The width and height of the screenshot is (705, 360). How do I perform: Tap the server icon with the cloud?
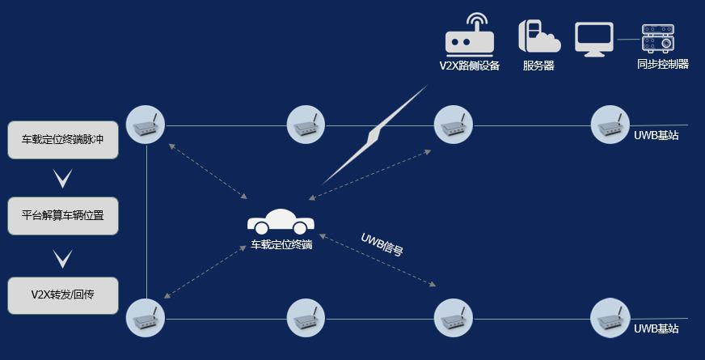(538, 36)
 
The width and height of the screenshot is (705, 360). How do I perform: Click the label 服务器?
(538, 66)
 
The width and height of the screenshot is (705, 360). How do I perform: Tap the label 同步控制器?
(662, 64)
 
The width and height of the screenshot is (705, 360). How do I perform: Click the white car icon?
(281, 222)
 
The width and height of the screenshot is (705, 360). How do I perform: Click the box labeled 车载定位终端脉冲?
(63, 140)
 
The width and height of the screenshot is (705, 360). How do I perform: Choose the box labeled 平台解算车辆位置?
(63, 216)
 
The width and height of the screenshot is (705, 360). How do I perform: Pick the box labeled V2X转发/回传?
(63, 295)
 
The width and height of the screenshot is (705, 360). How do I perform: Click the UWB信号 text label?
(382, 244)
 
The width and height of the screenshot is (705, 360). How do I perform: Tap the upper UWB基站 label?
(656, 136)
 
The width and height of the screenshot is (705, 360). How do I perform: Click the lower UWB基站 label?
(656, 328)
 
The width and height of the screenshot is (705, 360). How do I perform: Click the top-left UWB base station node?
(146, 125)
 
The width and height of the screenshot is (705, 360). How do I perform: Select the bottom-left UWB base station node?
(146, 317)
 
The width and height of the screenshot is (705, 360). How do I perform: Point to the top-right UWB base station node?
(610, 125)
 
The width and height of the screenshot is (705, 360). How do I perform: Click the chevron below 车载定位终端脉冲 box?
(63, 179)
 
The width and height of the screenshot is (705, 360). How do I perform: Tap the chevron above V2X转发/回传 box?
(63, 258)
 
